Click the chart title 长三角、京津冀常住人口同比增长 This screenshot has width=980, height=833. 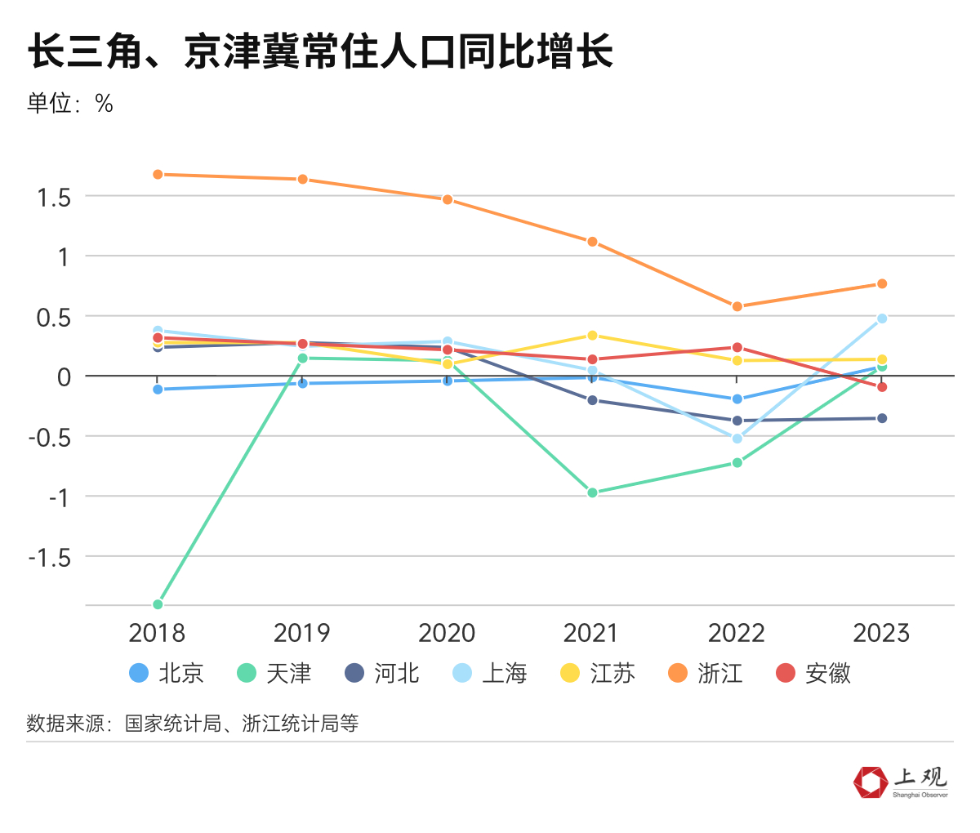pos(320,53)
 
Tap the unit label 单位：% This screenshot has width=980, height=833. pos(70,104)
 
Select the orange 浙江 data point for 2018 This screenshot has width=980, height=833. pos(158,175)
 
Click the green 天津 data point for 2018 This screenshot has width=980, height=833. pos(158,604)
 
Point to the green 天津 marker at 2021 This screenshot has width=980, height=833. pos(592,492)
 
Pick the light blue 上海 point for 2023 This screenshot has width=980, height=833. pos(882,318)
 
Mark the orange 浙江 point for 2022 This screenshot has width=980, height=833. pos(737,307)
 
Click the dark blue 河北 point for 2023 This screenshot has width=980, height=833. pos(882,419)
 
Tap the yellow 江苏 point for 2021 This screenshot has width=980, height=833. pos(592,336)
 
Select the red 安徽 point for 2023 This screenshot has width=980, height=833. pos(882,387)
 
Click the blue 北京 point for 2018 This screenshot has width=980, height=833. pos(158,390)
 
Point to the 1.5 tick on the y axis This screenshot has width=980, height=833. pos(54,197)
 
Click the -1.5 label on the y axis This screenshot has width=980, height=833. pos(50,557)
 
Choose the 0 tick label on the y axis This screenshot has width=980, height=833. pos(65,376)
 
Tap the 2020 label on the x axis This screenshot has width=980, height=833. pos(447,633)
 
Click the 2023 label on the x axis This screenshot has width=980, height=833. pos(881,633)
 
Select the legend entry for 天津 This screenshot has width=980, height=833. pos(274,673)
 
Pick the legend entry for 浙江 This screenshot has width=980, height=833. pos(706,673)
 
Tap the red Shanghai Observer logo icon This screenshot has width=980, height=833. pos(870,782)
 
